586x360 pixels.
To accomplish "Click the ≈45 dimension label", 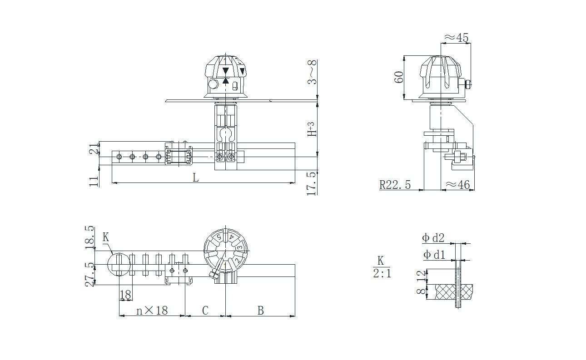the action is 456,38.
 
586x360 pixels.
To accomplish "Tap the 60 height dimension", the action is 399,77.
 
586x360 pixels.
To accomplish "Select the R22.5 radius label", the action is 395,185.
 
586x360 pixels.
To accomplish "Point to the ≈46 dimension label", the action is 458,185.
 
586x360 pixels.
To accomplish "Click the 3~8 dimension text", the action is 312,72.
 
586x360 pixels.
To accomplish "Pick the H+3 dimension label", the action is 312,129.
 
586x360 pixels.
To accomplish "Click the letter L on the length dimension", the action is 196,178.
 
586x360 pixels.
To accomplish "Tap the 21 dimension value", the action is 94,148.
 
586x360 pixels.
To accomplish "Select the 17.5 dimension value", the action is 312,183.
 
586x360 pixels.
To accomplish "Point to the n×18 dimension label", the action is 152,311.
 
